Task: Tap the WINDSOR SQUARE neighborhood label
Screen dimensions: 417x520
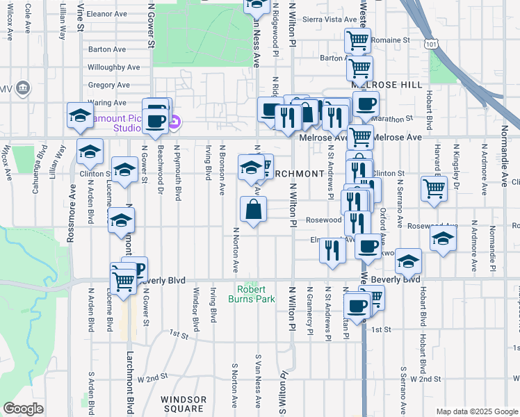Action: tap(184, 404)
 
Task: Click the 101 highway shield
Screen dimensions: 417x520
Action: tap(432, 44)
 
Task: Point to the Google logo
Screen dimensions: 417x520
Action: tap(23, 409)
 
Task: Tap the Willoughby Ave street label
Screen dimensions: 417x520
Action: tap(113, 68)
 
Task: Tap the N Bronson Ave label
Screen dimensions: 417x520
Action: tap(222, 169)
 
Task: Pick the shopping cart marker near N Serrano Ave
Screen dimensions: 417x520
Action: tap(434, 187)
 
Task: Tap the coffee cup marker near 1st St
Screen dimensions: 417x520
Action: tap(357, 305)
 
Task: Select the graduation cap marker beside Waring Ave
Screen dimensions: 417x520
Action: tap(81, 115)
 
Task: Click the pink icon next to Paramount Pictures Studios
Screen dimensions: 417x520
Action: tap(174, 124)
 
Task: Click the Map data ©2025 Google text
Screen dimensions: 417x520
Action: tap(477, 411)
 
